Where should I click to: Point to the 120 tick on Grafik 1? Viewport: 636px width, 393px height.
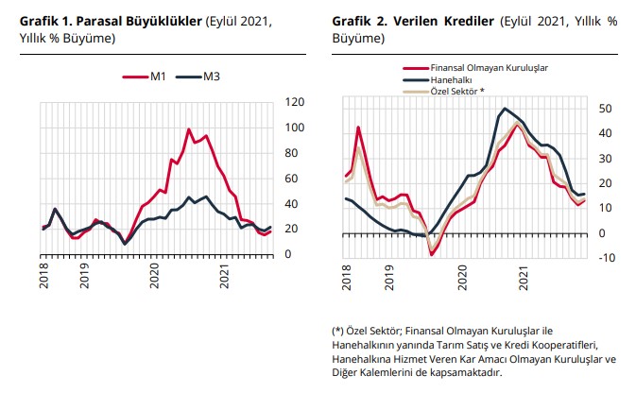[x=295, y=102]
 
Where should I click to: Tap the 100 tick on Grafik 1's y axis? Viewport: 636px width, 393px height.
[x=295, y=128]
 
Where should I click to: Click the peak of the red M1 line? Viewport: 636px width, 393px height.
[x=189, y=128]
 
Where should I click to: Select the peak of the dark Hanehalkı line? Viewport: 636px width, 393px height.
[x=506, y=109]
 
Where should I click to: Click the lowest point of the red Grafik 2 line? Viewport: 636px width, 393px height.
[x=432, y=254]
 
